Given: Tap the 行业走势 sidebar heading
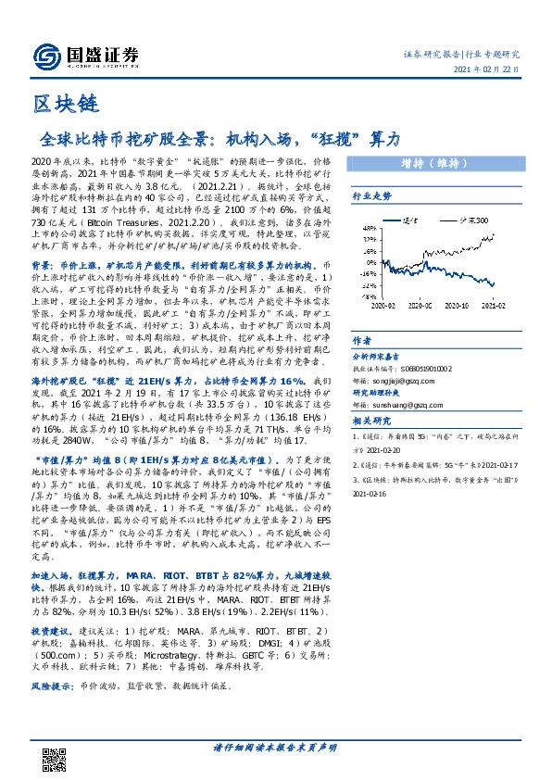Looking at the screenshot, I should (370, 197).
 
